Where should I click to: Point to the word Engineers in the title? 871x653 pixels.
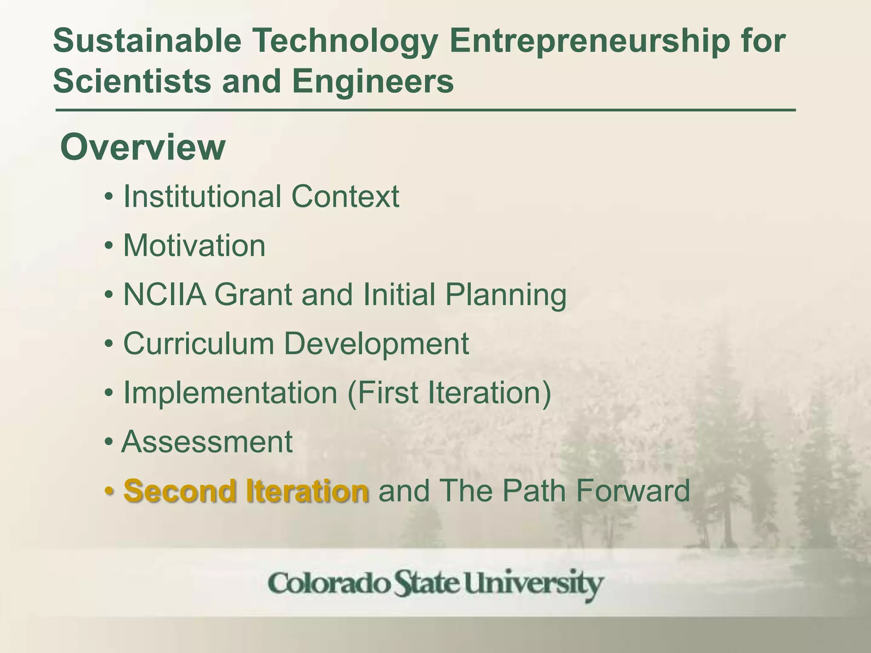pyautogui.click(x=373, y=81)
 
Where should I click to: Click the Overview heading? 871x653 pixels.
pyautogui.click(x=143, y=147)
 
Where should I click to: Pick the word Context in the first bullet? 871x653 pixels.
pyautogui.click(x=345, y=196)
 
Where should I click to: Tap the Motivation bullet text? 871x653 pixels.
pyautogui.click(x=194, y=246)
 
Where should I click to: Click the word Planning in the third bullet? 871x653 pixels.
pyautogui.click(x=506, y=295)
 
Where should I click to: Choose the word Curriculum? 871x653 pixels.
pyautogui.click(x=199, y=344)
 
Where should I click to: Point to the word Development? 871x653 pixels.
pyautogui.click(x=376, y=344)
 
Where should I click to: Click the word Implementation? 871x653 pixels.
pyautogui.click(x=230, y=393)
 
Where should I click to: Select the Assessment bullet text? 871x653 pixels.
pyautogui.click(x=207, y=442)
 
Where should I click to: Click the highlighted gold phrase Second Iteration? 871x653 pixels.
pyautogui.click(x=246, y=491)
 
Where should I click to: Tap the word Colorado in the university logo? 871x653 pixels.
pyautogui.click(x=329, y=584)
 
